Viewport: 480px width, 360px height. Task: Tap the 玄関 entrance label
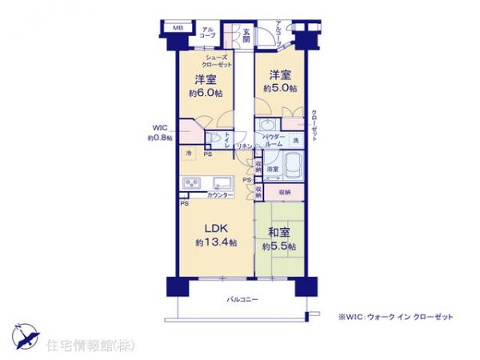pyautogui.click(x=246, y=35)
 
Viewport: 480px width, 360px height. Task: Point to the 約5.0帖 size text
pyautogui.click(x=281, y=88)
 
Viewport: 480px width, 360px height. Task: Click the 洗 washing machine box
pyautogui.click(x=295, y=142)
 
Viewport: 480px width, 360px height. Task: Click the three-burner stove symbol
pyautogui.click(x=193, y=184)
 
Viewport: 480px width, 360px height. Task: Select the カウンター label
pyautogui.click(x=219, y=195)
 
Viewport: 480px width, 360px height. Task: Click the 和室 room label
pyautogui.click(x=279, y=233)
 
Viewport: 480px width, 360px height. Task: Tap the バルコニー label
pyautogui.click(x=241, y=299)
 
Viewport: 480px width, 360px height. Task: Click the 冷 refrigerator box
pyautogui.click(x=189, y=152)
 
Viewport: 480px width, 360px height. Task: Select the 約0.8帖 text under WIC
pyautogui.click(x=158, y=138)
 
